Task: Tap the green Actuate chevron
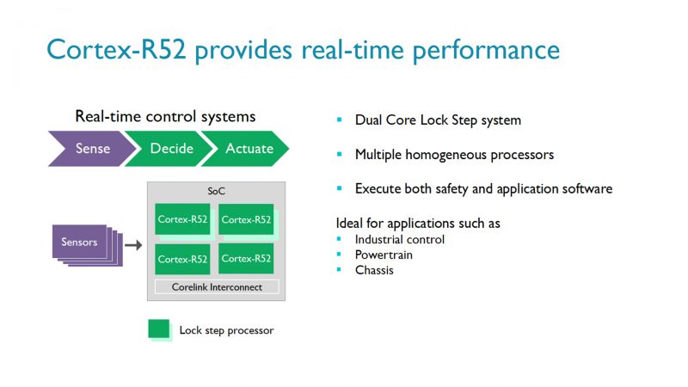tap(248, 149)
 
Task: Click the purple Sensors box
tap(80, 243)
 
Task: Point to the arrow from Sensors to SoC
tap(133, 246)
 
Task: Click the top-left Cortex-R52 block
tap(181, 219)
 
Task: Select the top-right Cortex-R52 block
tap(246, 219)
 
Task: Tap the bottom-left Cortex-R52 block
tap(181, 259)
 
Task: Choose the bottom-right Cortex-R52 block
tap(246, 259)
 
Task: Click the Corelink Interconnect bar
tap(217, 286)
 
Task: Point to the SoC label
tap(217, 191)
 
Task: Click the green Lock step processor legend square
tap(158, 329)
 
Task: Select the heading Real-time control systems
tap(165, 116)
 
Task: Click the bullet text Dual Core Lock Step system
tap(438, 120)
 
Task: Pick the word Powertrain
tap(384, 255)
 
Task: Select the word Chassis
tap(375, 270)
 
